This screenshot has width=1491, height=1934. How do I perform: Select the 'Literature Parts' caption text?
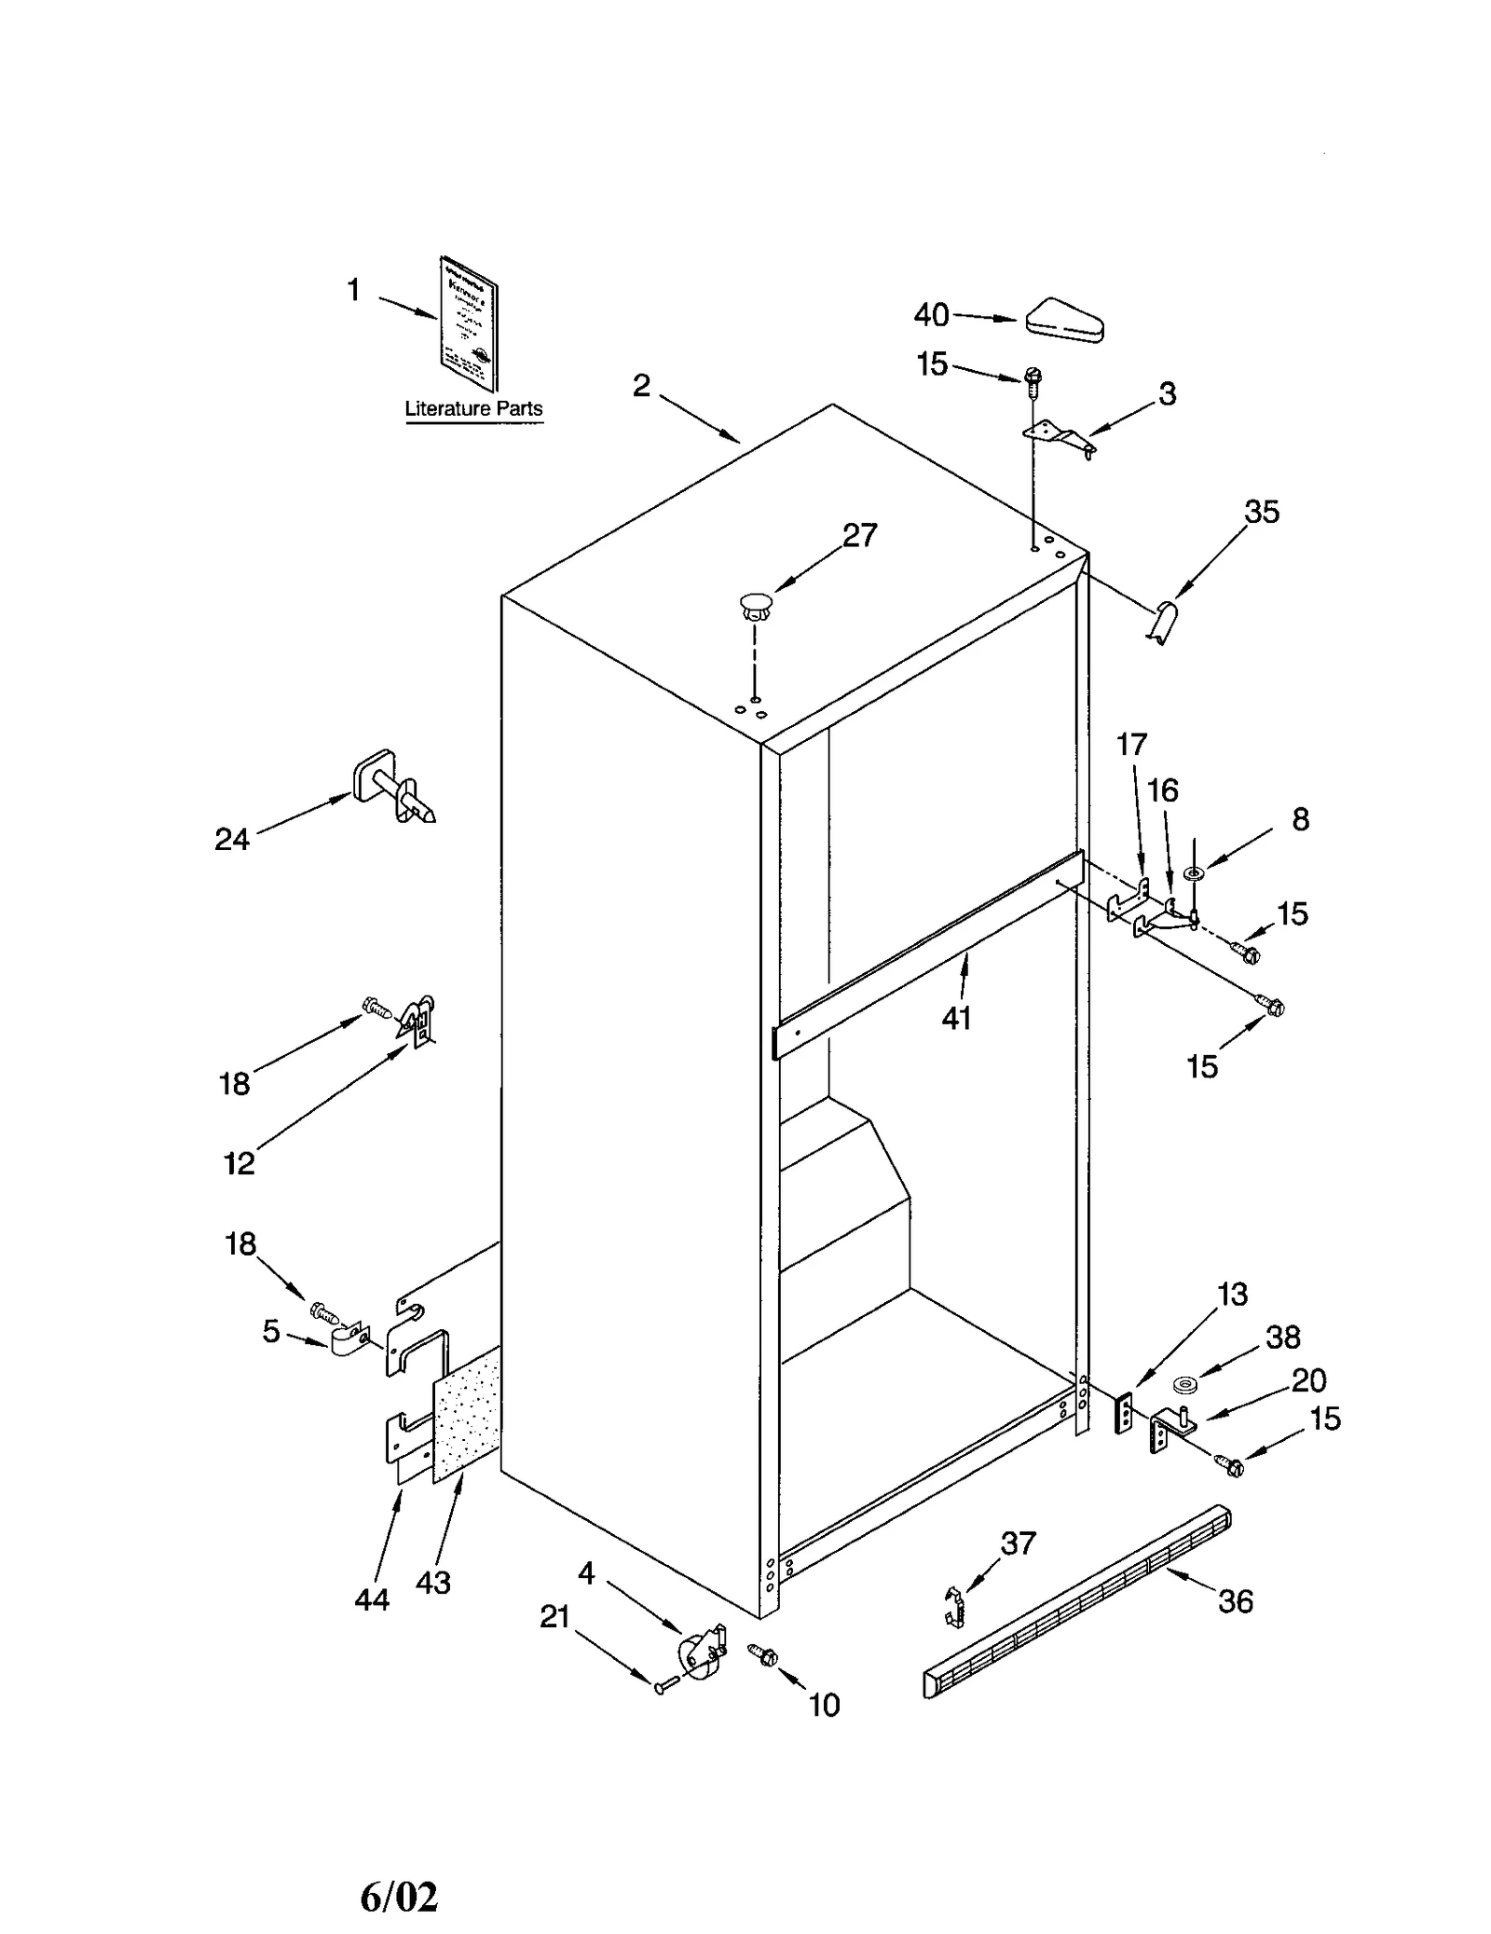point(473,408)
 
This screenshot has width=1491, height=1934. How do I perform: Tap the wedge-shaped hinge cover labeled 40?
point(1063,322)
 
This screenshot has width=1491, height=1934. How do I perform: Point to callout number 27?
point(859,535)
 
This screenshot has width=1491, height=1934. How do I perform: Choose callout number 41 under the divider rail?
point(956,1018)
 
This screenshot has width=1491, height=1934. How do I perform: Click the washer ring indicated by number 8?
point(1194,873)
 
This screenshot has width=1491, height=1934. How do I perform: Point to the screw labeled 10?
point(763,1654)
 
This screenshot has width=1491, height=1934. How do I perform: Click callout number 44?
point(372,1599)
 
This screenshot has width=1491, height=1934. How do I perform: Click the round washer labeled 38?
point(1185,1384)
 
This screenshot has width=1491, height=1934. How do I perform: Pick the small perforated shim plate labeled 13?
point(1124,1414)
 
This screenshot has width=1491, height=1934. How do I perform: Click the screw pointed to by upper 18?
point(375,1006)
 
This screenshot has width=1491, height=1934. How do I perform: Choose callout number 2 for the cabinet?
point(641,385)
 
